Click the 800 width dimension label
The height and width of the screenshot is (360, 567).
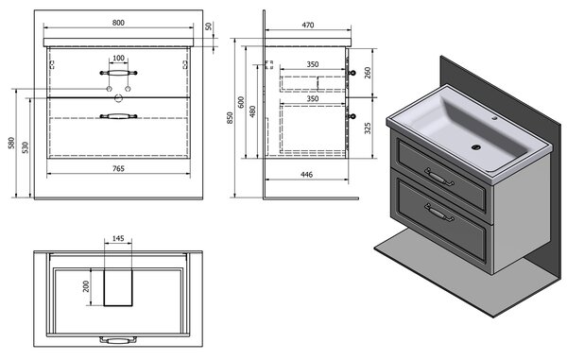(118, 23)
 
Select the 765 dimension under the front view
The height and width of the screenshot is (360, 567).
(118, 168)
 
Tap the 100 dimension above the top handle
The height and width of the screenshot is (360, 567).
(119, 59)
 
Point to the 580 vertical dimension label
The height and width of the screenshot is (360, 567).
(11, 143)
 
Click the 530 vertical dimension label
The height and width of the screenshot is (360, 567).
(25, 147)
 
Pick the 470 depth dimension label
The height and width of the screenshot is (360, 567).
(308, 26)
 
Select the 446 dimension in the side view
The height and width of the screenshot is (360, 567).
(306, 175)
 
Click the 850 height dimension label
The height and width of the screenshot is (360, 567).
(230, 118)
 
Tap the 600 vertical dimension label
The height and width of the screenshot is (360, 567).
(241, 102)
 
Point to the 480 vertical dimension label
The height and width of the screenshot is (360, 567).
(252, 111)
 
